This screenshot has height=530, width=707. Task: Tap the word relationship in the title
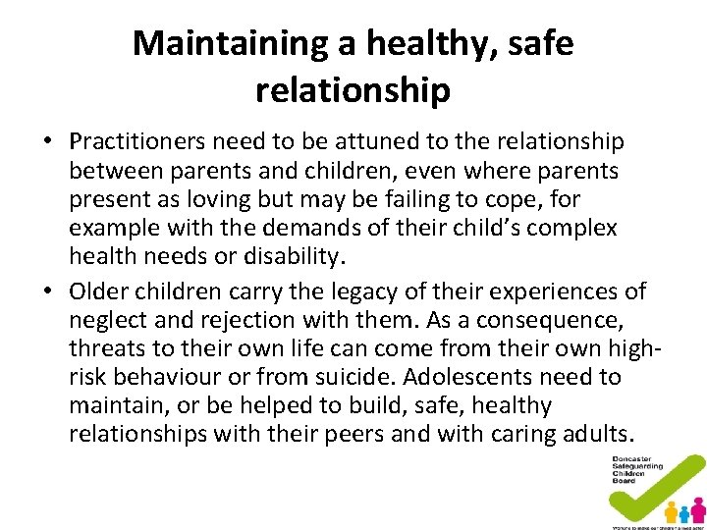pos(353,90)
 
